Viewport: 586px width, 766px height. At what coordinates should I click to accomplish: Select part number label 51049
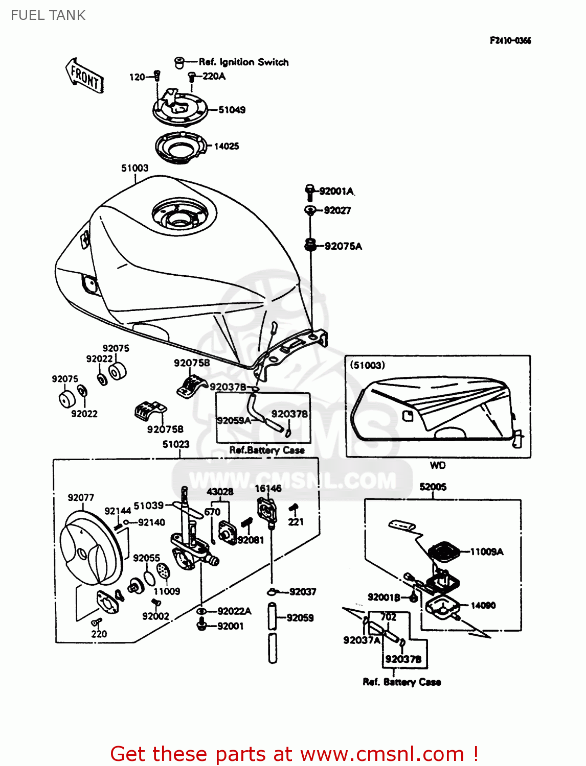coord(232,110)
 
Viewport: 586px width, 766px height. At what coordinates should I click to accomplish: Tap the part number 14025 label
coord(226,146)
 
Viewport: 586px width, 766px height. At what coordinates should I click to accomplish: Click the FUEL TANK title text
coord(48,15)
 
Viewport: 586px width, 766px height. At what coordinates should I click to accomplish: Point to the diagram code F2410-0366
coord(510,41)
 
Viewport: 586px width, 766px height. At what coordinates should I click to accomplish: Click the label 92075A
coord(343,246)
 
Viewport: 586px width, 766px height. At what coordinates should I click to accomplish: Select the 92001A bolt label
coord(336,192)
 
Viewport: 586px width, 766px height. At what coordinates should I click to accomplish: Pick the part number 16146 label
coord(268,488)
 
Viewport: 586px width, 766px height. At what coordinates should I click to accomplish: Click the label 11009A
coord(486,552)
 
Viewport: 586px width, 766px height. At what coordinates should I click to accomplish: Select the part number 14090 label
coord(483,605)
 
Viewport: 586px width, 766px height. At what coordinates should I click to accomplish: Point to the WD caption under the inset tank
coord(438,465)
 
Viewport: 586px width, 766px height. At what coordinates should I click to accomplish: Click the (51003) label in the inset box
coord(367,365)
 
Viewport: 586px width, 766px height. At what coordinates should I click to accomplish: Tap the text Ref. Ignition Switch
coord(243,62)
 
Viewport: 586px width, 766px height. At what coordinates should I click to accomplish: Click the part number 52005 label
coord(433,487)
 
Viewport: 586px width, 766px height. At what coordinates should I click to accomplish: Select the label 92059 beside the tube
coord(300,617)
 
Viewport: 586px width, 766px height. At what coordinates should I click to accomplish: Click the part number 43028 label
coord(220,491)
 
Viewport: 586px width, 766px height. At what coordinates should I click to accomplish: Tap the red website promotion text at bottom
coord(294,754)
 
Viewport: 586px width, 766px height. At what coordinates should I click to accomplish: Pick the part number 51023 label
coord(176,444)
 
